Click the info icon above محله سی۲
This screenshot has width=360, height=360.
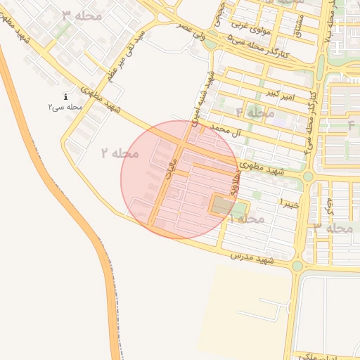click(65, 97)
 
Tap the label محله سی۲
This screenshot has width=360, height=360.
click(65, 107)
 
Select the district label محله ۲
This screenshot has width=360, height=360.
click(120, 153)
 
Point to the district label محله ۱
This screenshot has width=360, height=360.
click(246, 219)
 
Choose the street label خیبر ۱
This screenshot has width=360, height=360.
click(290, 203)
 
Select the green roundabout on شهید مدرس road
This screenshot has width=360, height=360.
click(297, 266)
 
